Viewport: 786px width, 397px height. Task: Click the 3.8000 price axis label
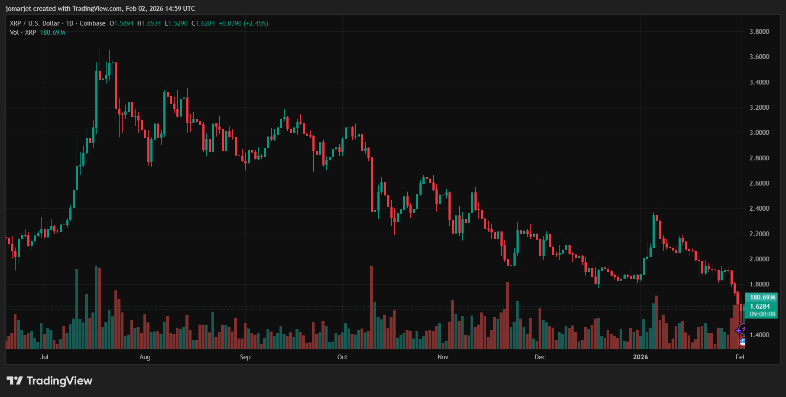click(759, 32)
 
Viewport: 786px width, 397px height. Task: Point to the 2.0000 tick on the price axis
click(759, 259)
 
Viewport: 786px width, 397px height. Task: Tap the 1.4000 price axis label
click(759, 335)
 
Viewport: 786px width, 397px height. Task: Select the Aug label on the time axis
click(145, 357)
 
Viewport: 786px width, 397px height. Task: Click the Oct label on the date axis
click(342, 357)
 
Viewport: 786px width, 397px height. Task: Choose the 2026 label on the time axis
click(640, 357)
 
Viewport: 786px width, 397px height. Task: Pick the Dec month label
click(540, 357)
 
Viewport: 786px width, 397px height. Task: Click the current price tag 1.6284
click(760, 306)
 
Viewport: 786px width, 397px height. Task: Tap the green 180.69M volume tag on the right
click(762, 297)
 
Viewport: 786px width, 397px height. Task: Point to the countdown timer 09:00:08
click(762, 314)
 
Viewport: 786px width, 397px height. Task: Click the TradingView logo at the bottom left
click(50, 381)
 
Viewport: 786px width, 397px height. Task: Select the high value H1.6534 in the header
click(149, 23)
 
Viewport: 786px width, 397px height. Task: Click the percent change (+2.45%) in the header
click(256, 23)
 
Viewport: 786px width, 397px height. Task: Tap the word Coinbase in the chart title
click(92, 23)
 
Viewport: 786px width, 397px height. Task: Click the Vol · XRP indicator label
click(23, 33)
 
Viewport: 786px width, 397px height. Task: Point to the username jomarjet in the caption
click(18, 9)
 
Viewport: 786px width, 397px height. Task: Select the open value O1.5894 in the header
click(121, 23)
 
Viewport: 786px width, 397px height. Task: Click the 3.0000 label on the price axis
click(759, 133)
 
